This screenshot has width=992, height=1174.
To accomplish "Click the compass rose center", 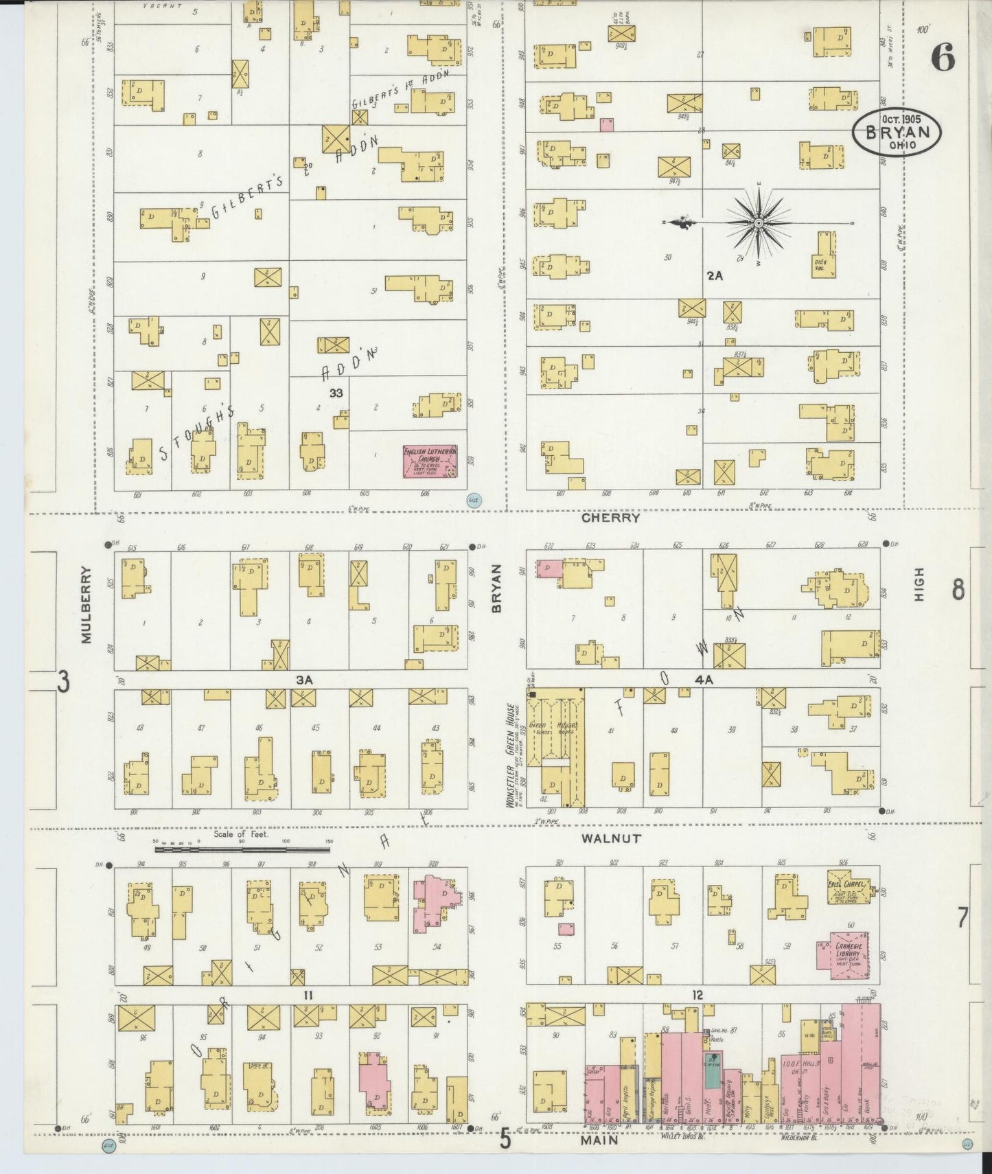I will point(759,223).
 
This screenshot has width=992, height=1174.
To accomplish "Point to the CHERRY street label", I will point(610,518).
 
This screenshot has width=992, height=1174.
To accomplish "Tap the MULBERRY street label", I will point(85,605).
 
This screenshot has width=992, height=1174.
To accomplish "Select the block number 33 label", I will point(336,393).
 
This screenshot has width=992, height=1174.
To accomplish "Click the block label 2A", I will point(715,276).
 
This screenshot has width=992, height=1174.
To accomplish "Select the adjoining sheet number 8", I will point(958,589).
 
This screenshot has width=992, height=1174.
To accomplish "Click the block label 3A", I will point(304,679).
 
